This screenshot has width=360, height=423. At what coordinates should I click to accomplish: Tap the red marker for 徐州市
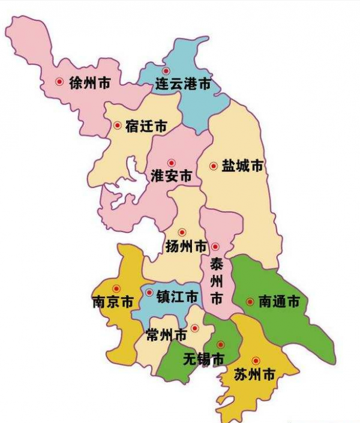point(59,82)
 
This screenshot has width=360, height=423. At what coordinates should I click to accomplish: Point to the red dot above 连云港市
point(166,71)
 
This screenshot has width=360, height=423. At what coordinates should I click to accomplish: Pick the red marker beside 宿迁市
point(117,125)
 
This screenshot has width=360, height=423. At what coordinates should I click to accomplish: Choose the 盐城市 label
point(242,167)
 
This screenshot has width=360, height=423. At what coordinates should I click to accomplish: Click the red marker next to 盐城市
point(212,166)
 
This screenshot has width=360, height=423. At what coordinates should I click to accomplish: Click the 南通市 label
point(278,302)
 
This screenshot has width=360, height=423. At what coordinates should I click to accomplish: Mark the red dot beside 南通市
point(250,301)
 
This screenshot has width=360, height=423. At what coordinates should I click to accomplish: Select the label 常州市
point(166,336)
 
